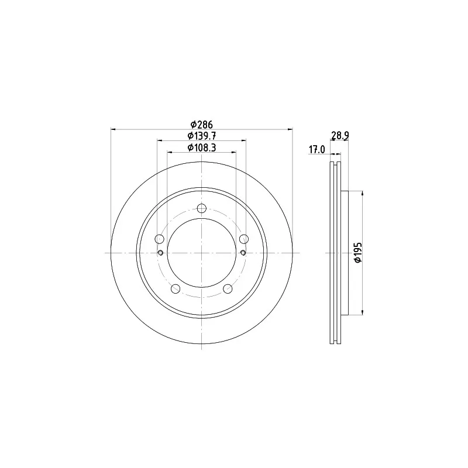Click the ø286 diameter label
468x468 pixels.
point(201,124)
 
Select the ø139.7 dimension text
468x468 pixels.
point(201,136)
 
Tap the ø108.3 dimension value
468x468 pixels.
point(201,148)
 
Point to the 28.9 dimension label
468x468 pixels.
point(340,136)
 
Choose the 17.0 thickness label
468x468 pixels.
point(316,150)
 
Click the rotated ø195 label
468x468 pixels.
point(357,252)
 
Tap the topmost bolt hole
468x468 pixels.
point(202,208)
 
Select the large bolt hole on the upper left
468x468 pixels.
point(160,239)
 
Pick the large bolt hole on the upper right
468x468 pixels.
point(244,239)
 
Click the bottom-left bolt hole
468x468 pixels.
point(175,288)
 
